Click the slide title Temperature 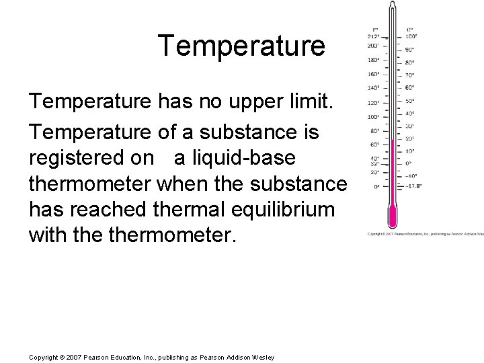(241, 46)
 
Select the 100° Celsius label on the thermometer (411, 36)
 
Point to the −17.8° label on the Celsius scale (414, 186)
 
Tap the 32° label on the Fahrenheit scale (376, 163)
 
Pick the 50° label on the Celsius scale (410, 100)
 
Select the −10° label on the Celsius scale (411, 175)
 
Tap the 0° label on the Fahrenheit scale (377, 186)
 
